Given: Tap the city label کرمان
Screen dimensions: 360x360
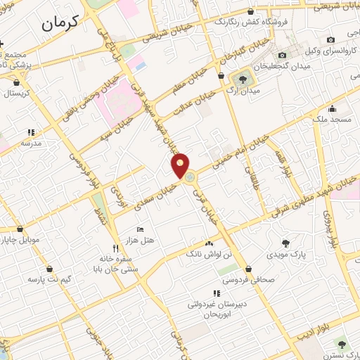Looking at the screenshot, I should [x=67, y=24].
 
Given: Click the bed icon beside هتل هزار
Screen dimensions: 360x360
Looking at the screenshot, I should [x=139, y=230].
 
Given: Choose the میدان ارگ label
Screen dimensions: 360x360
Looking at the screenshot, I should [x=244, y=90].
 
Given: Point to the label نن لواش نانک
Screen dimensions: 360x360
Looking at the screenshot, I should [x=209, y=252].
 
